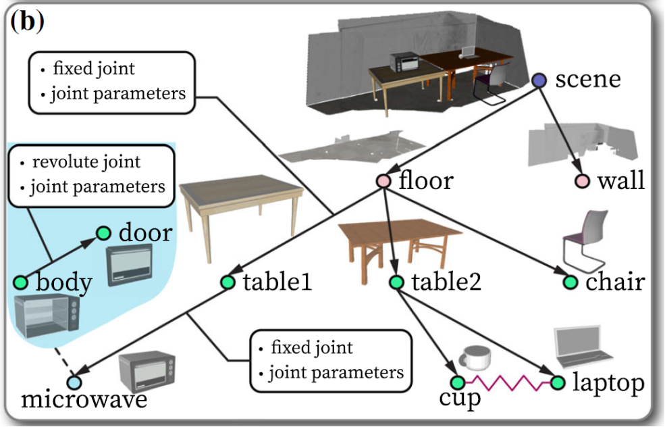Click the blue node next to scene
539,80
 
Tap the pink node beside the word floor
383,181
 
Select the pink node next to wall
581,181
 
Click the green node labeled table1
228,282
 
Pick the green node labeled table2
396,282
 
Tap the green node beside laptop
557,383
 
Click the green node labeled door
103,233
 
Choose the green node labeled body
20,282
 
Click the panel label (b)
27,22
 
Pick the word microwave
84,400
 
